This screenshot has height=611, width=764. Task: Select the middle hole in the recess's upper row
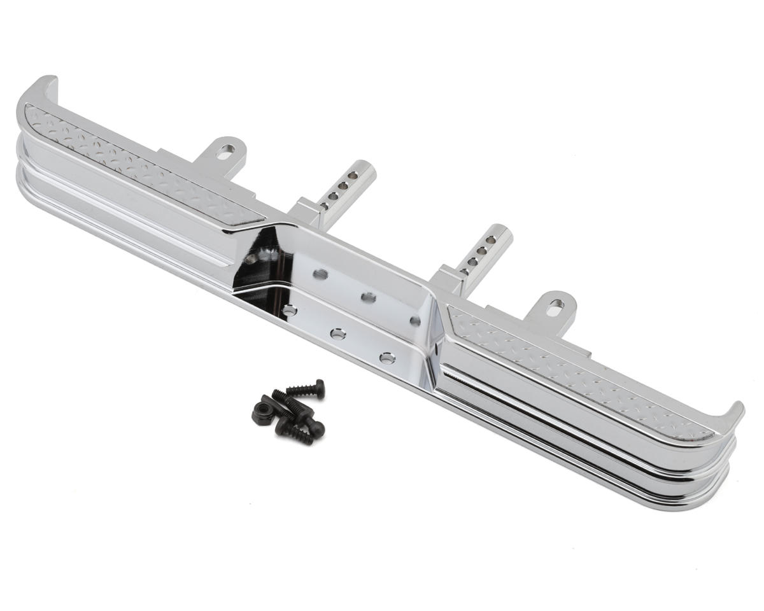pyautogui.click(x=368, y=297)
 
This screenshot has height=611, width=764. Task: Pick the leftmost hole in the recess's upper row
pyautogui.click(x=321, y=274)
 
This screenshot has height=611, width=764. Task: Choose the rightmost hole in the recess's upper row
pyautogui.click(x=415, y=320)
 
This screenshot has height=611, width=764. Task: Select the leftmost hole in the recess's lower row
pyautogui.click(x=290, y=311)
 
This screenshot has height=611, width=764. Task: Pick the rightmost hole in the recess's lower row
pyautogui.click(x=386, y=358)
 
